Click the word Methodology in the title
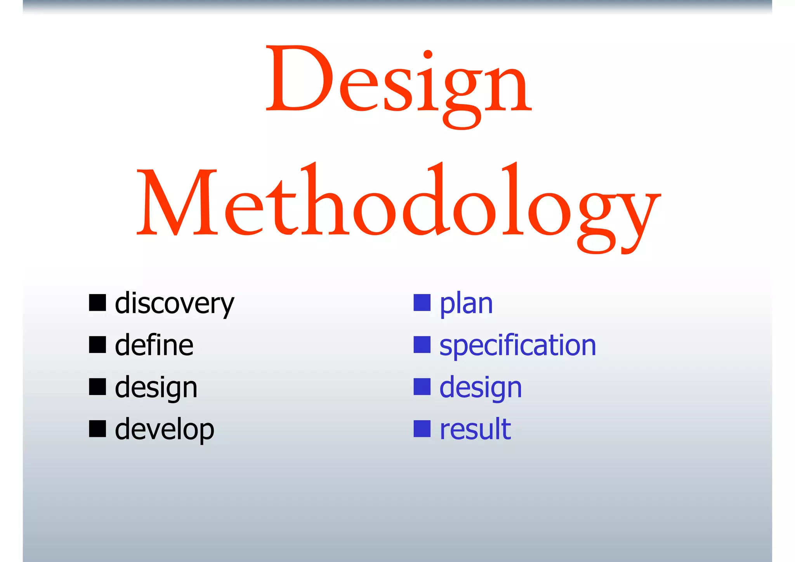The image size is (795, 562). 398,206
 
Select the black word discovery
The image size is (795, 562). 174,304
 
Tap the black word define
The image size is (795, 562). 154,345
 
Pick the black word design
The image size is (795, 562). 156,388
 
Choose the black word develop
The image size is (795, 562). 164,430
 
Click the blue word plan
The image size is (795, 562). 466,304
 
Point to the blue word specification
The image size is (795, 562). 517,345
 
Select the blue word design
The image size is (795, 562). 481,388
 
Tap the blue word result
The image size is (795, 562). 475,429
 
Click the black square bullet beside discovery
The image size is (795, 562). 97,303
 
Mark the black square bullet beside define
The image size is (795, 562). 97,345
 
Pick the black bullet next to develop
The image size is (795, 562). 97,429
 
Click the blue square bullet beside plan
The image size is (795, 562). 422,303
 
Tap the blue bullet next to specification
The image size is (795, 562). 422,345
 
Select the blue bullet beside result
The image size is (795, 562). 422,429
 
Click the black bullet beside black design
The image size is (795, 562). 97,387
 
